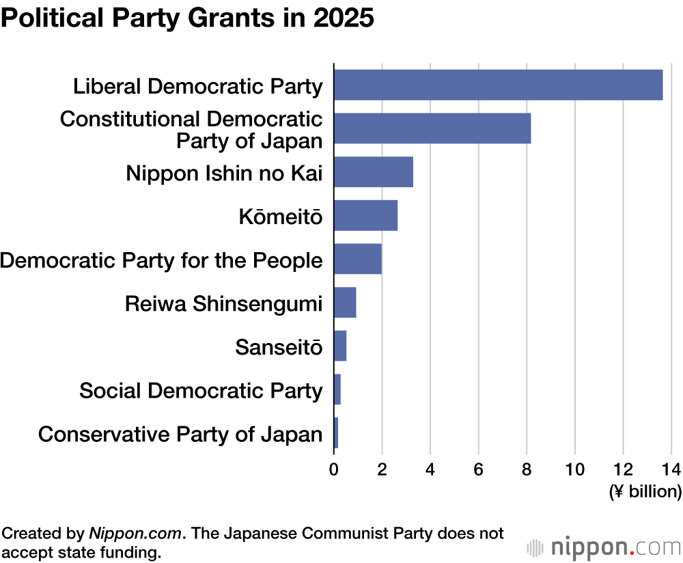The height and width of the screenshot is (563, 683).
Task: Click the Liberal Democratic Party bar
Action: click(x=498, y=85)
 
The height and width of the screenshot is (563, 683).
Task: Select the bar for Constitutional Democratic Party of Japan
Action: click(x=432, y=128)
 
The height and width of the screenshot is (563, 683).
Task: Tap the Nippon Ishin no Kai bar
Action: click(x=374, y=171)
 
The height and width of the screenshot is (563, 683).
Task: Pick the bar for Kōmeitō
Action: click(x=365, y=215)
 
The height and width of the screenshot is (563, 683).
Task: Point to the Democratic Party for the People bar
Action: click(x=358, y=259)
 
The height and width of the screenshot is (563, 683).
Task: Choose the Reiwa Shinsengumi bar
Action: click(x=345, y=303)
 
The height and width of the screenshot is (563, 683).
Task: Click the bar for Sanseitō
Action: click(x=340, y=346)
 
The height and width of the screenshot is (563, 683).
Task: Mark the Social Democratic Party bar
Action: click(x=337, y=389)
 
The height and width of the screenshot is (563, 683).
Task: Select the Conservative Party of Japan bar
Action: click(x=336, y=432)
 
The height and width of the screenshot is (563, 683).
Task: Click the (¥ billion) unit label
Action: click(x=645, y=491)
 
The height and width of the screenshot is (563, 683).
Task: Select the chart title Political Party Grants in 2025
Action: click(x=187, y=18)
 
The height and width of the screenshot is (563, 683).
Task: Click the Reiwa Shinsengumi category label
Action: click(x=223, y=303)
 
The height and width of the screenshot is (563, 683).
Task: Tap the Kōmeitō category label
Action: click(x=280, y=217)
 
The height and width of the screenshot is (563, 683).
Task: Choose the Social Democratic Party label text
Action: click(x=201, y=391)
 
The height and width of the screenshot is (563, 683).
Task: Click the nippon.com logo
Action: click(x=604, y=547)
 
